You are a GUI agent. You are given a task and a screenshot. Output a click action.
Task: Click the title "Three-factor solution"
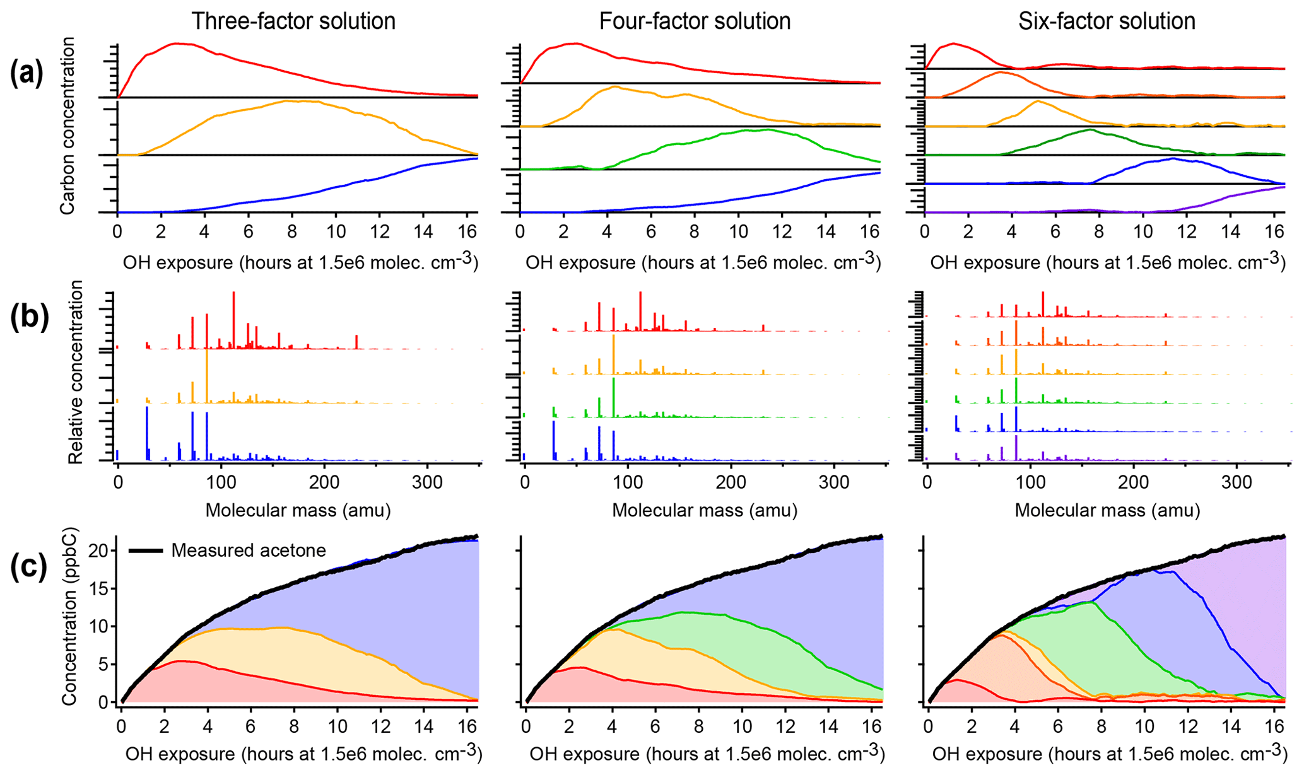[x=293, y=21]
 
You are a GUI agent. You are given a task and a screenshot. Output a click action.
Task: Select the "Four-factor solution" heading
[x=695, y=21]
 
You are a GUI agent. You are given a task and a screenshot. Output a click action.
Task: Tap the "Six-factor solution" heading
[x=1107, y=21]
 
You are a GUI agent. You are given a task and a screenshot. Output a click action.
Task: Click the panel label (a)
[x=26, y=74]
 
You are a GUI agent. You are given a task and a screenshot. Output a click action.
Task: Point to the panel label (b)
[x=29, y=318]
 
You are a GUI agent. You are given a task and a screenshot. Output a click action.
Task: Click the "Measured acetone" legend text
[x=249, y=551]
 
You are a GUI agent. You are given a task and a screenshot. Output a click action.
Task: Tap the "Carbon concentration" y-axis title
[x=68, y=125]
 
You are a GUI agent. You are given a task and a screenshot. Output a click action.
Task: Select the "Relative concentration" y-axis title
[x=76, y=372]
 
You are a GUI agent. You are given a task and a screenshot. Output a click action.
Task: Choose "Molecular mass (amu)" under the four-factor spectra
[x=705, y=510]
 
